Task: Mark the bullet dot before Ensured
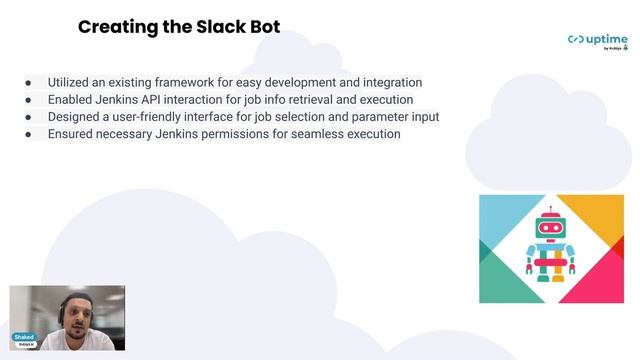coord(28,134)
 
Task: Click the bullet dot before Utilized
coord(28,83)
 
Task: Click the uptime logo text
coord(607,39)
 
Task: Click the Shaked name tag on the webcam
coord(24,338)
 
